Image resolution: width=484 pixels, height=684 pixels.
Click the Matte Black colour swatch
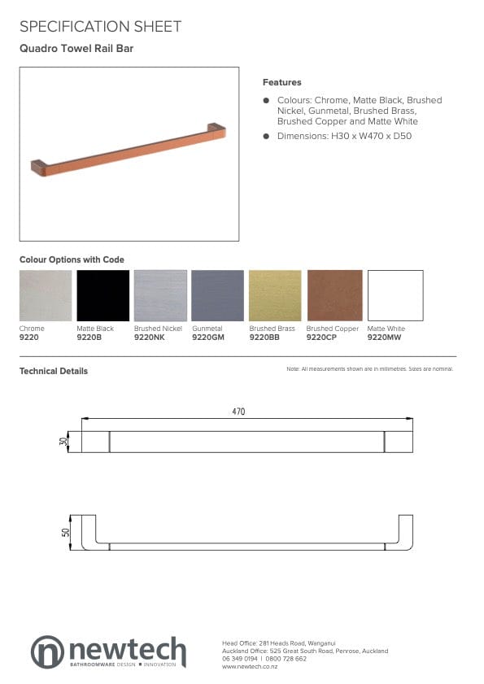click(x=102, y=295)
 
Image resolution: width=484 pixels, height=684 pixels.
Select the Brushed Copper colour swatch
click(x=334, y=295)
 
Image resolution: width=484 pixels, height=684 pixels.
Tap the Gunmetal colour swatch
click(x=217, y=295)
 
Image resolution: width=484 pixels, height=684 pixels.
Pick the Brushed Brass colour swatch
click(x=276, y=295)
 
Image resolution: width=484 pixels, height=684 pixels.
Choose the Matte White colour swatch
click(x=395, y=295)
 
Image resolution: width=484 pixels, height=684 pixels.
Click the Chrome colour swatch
click(x=46, y=295)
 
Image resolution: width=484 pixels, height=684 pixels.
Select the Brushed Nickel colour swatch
click(x=160, y=295)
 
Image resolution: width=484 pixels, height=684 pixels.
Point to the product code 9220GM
click(x=207, y=337)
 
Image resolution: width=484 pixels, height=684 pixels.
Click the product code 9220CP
click(x=322, y=337)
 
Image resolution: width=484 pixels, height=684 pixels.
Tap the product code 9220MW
click(x=385, y=337)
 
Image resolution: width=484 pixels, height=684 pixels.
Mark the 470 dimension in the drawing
click(x=238, y=412)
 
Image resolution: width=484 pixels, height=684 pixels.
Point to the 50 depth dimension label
click(x=65, y=532)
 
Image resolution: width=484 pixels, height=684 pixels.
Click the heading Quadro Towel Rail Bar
click(x=76, y=49)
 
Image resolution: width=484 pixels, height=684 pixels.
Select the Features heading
click(x=281, y=82)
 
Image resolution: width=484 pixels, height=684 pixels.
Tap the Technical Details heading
click(x=54, y=371)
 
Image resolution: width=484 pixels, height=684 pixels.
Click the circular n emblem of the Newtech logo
click(x=47, y=651)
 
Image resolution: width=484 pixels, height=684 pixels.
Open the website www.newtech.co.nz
click(x=250, y=667)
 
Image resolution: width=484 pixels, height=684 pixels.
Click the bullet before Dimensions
click(x=266, y=136)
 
